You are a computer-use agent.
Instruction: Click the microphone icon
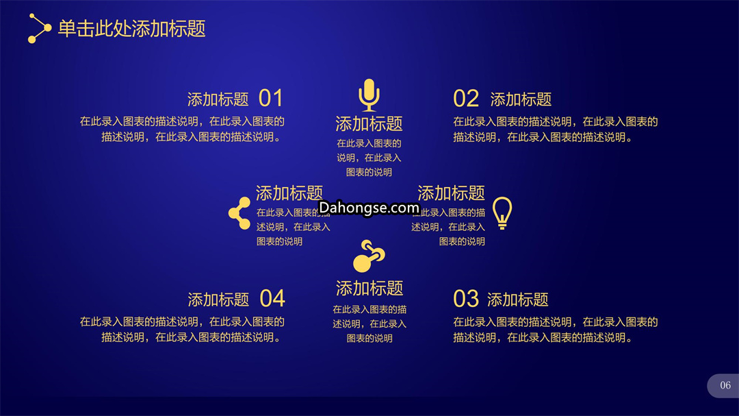[x=369, y=95]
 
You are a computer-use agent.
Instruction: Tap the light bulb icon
[x=502, y=213]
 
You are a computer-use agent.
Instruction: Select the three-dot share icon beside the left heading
[x=239, y=213]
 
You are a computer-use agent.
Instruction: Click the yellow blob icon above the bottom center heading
[x=369, y=256]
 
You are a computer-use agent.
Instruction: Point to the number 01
[x=270, y=99]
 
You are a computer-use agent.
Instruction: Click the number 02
[x=466, y=99]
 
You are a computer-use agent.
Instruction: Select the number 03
[x=466, y=299]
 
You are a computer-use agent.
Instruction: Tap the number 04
[x=272, y=299]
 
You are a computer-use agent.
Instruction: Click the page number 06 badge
[x=723, y=385]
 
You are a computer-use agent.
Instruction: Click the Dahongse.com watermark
[x=369, y=207]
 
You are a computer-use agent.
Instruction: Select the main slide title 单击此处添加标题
[x=131, y=29]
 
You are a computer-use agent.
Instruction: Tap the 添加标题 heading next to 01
[x=218, y=99]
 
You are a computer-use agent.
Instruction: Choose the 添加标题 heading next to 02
[x=521, y=99]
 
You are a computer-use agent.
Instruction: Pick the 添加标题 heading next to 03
[x=517, y=300]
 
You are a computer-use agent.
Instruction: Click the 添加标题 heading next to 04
[x=218, y=300]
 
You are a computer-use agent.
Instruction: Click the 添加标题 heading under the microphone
[x=369, y=124]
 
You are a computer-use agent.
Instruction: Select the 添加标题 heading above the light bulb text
[x=451, y=193]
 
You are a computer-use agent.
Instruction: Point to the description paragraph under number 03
[x=555, y=330]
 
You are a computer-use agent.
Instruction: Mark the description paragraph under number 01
[x=182, y=129]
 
